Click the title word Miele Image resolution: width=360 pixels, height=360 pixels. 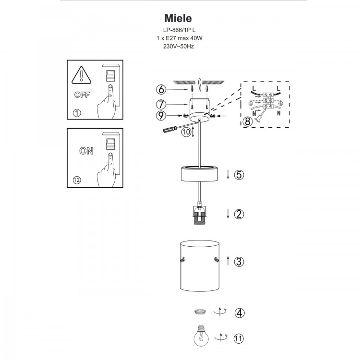[179, 18]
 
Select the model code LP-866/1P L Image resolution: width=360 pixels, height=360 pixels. [179, 30]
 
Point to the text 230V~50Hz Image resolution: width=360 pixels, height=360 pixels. [179, 47]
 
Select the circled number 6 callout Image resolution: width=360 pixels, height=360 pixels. [162, 89]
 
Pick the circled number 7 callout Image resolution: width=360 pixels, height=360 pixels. [162, 104]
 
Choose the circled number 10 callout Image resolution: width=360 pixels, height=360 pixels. [185, 132]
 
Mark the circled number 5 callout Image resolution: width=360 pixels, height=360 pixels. [240, 175]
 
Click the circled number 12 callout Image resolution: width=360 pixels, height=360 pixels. [77, 180]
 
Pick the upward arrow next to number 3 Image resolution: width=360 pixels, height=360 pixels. [228, 261]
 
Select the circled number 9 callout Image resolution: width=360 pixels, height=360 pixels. [162, 115]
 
